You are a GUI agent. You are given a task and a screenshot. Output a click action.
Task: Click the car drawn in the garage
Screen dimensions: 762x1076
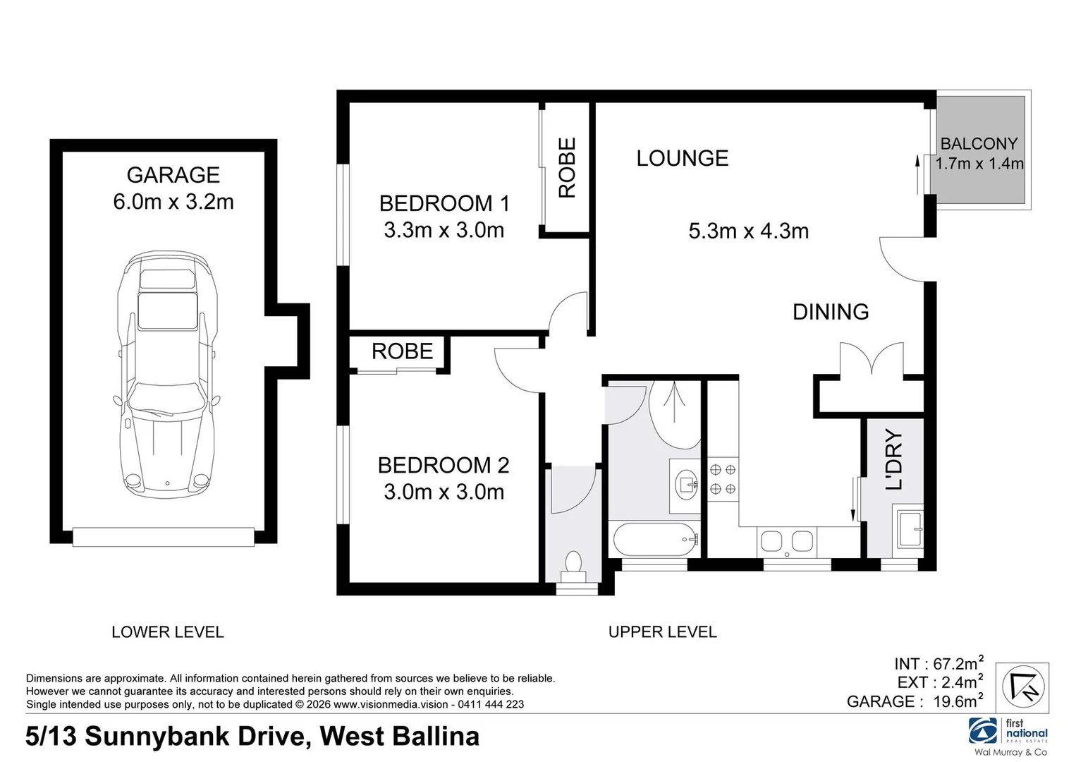pos(166,374)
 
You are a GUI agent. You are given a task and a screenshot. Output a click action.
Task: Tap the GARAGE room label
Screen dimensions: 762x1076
pos(173,175)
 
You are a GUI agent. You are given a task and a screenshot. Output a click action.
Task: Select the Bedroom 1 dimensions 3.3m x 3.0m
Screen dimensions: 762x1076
pos(444,230)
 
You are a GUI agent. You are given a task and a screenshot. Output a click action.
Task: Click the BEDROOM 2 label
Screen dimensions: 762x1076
pos(443,465)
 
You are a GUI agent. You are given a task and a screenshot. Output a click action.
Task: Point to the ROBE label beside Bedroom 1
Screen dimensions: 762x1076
pos(567,167)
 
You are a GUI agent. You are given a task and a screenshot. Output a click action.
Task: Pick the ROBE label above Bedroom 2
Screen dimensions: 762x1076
pos(402,351)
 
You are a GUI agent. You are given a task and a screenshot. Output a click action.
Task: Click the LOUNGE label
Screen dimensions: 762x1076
pos(682,158)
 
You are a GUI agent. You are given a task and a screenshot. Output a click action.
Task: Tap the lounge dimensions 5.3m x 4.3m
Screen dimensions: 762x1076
pos(748,231)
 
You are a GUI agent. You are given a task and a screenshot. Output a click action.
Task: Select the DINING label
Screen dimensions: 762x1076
pos(830,312)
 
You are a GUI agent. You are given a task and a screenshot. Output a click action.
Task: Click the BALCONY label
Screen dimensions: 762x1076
pos(979,144)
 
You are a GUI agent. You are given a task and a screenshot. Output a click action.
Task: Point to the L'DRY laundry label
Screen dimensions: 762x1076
pos(893,459)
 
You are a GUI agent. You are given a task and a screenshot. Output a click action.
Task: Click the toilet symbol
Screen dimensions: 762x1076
pos(573,565)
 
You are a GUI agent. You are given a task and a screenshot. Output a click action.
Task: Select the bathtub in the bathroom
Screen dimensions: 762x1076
pos(655,540)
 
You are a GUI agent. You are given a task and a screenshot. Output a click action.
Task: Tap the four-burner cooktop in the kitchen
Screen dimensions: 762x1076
pos(722,478)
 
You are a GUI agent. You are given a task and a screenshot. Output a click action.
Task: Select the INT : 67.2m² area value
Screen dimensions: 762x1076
pos(938,664)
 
